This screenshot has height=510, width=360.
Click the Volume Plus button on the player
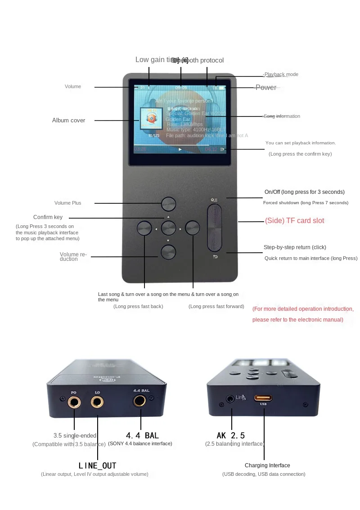[169, 204]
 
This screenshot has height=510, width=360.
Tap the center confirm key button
[169, 228]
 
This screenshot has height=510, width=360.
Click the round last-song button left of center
[144, 228]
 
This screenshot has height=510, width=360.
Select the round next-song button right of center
[192, 228]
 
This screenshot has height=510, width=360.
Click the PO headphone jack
[74, 402]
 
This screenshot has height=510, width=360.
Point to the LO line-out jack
[97, 401]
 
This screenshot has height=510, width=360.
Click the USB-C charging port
[264, 398]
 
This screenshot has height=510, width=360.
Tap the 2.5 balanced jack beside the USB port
[231, 398]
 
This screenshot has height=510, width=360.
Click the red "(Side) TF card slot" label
[294, 220]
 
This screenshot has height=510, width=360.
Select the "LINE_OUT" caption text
[97, 465]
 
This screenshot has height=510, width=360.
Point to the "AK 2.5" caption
[231, 435]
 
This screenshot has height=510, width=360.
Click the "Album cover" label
[68, 120]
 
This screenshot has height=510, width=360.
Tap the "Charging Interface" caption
[267, 465]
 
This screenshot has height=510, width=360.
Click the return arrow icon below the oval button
[215, 257]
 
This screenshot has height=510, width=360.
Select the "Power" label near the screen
[266, 87]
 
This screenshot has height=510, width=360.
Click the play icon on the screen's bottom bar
[180, 149]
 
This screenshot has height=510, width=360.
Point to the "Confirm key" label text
[48, 217]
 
